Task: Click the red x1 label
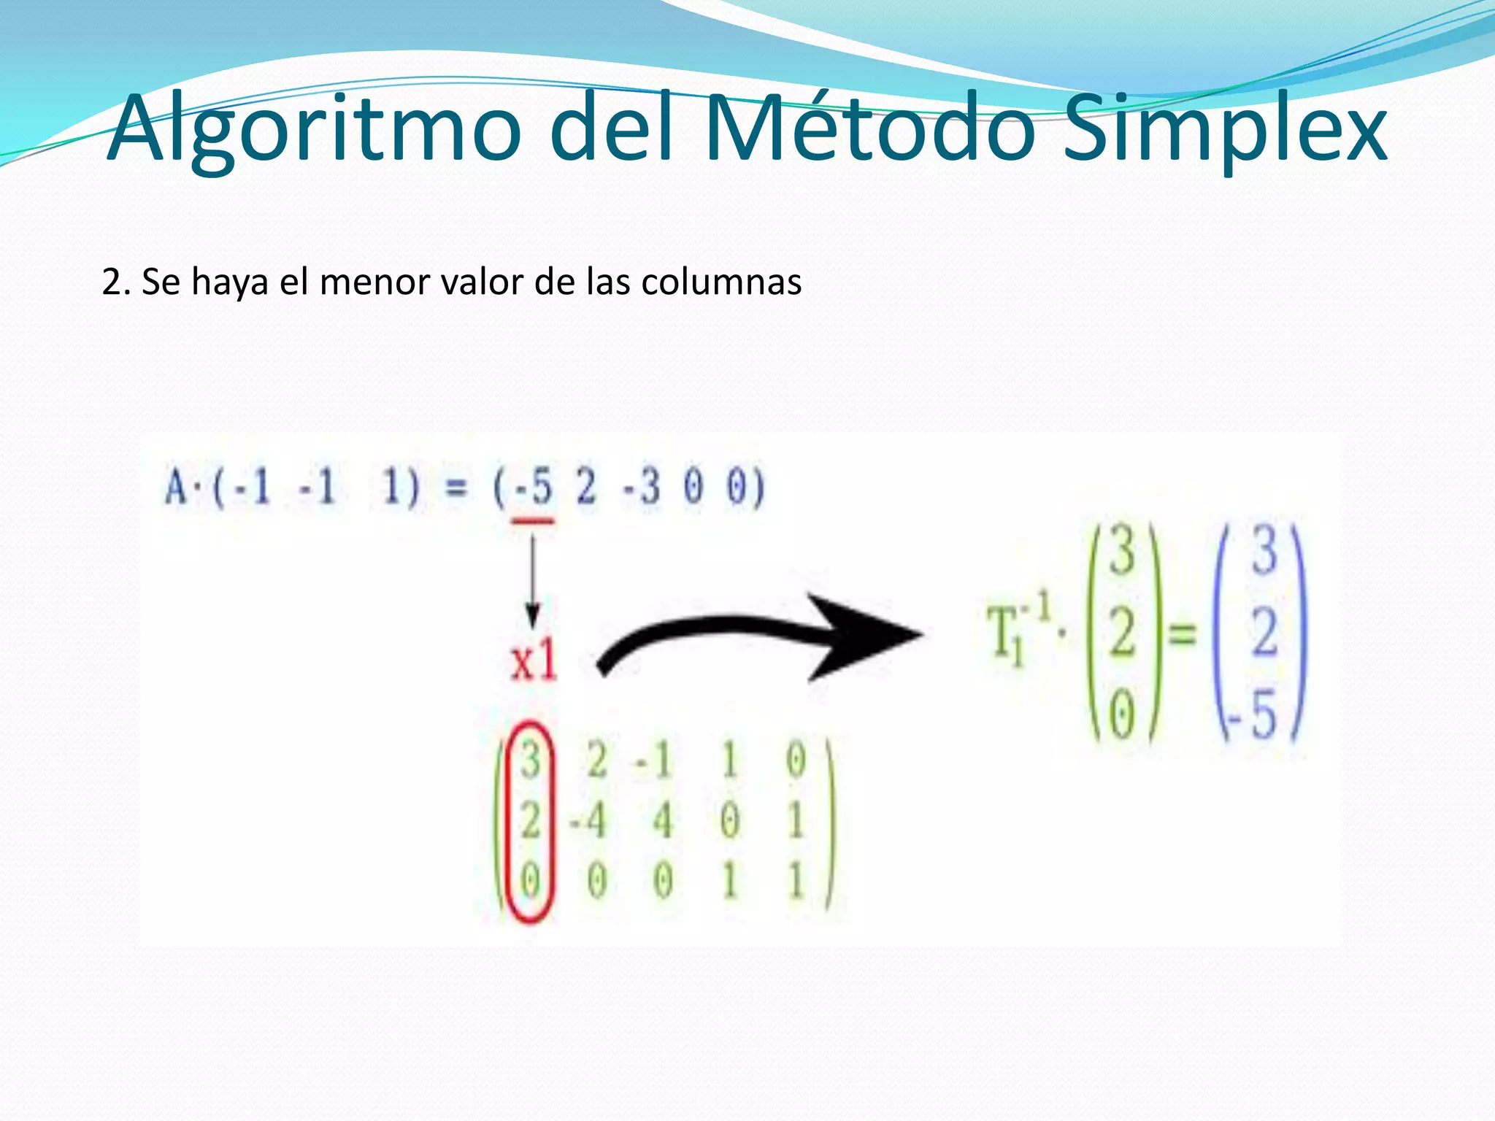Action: [x=534, y=663]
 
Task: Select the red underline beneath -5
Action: [x=532, y=521]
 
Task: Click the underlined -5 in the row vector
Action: [x=533, y=487]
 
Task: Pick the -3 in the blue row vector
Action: [x=641, y=487]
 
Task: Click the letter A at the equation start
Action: [x=176, y=487]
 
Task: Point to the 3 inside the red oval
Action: [x=530, y=759]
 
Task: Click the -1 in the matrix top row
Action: [x=653, y=760]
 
